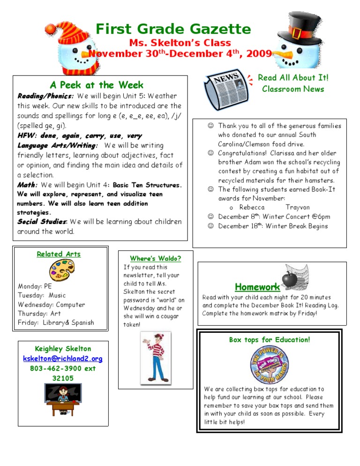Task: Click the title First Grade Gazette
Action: (x=173, y=30)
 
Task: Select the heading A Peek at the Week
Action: (x=97, y=85)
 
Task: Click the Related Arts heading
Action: (x=59, y=254)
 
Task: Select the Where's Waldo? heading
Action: (x=155, y=258)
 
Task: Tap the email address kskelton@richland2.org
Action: (x=63, y=359)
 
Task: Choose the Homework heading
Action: (x=257, y=286)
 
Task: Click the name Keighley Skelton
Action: (x=63, y=349)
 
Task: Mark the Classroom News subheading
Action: (x=293, y=89)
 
